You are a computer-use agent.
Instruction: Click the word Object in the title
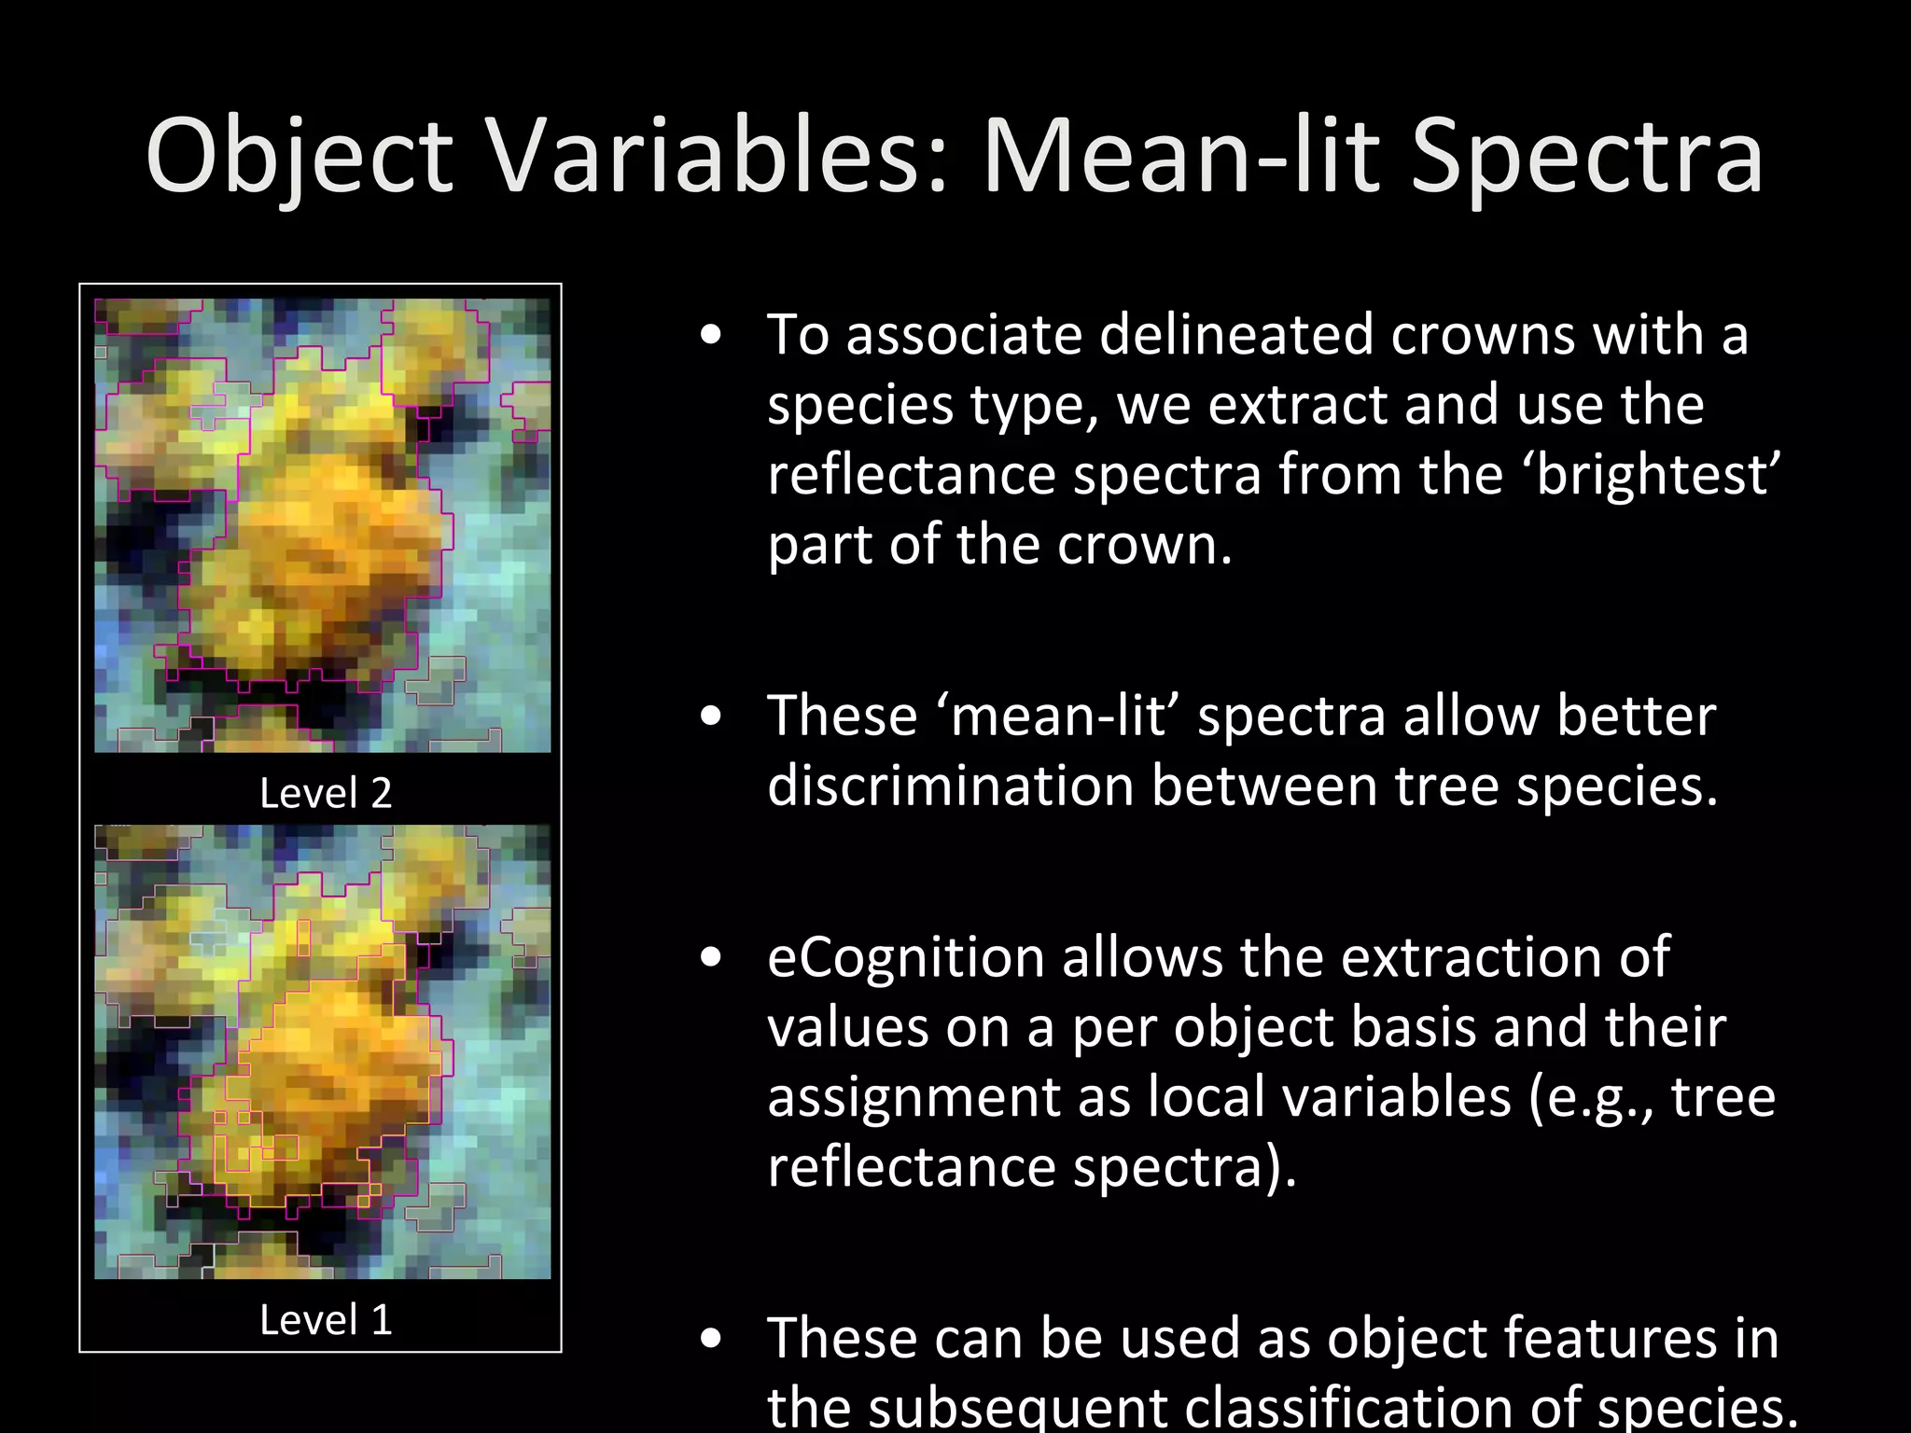[x=299, y=157]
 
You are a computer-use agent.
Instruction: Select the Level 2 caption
[x=325, y=793]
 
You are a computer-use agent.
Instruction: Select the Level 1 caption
[x=325, y=1319]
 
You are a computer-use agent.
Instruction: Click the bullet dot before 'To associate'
[x=711, y=336]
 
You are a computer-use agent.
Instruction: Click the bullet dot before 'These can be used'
[x=711, y=1339]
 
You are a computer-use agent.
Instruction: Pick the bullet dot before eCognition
[x=711, y=958]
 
